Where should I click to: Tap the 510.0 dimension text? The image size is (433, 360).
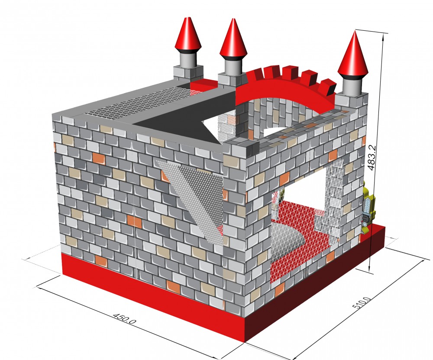[362, 303]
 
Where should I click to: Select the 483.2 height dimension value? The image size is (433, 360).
[372, 158]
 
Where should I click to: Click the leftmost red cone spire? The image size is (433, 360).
[188, 33]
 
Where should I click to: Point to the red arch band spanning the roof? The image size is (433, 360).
[284, 90]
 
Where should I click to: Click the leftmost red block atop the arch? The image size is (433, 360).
[253, 75]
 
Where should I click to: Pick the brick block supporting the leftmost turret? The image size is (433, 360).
[188, 73]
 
